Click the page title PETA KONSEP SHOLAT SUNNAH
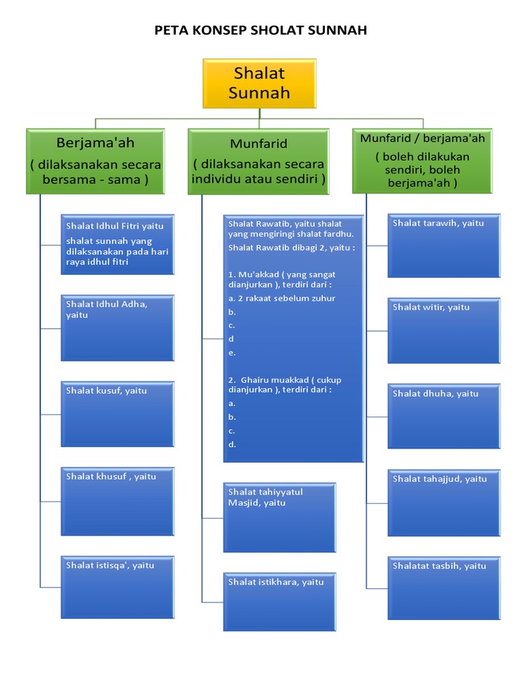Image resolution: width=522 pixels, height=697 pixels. tap(261, 30)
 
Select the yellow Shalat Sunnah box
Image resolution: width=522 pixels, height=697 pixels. tap(259, 83)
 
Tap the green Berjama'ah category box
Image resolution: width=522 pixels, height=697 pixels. tap(95, 161)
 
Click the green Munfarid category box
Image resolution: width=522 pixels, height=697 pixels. tap(258, 162)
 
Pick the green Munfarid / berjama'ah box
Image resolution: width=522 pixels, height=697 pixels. tap(422, 161)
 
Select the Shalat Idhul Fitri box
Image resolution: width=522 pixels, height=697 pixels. tap(118, 244)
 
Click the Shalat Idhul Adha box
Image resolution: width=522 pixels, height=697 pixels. tap(118, 327)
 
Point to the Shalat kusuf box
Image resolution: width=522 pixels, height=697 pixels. tap(118, 413)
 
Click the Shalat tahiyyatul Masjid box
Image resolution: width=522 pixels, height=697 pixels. tap(279, 517)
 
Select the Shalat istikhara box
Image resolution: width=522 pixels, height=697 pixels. tap(279, 602)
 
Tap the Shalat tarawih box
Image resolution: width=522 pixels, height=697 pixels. tap(445, 246)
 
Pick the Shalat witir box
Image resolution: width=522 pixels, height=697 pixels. tap(445, 330)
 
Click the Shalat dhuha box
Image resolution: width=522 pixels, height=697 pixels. tap(445, 416)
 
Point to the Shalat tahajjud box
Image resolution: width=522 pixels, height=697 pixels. tap(445, 502)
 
